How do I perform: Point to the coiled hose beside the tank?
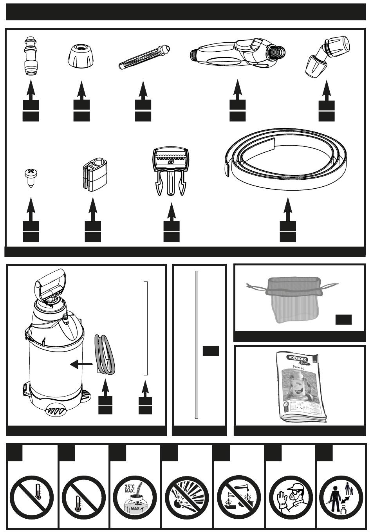(105, 354)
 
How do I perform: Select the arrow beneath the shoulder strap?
(288, 211)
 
